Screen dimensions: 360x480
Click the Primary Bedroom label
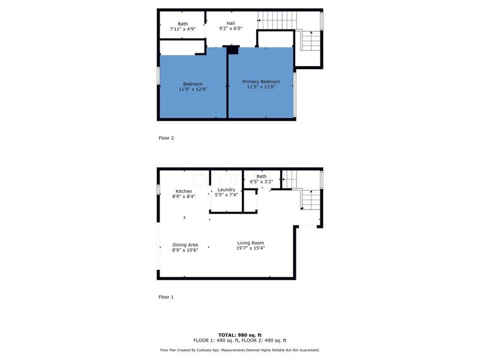tap(261, 81)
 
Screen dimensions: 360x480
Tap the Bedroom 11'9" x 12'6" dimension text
tap(193, 89)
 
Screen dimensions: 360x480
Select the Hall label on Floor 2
tap(230, 23)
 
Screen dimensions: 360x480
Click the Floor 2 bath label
tap(182, 24)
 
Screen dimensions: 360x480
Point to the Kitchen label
tap(184, 191)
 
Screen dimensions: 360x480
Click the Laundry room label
tap(226, 190)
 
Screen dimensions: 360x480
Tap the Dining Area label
tap(185, 245)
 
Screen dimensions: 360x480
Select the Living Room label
tap(250, 243)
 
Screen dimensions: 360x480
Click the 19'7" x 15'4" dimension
tap(250, 248)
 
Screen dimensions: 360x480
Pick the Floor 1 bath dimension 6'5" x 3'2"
tap(262, 181)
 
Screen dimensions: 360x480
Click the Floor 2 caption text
tap(166, 138)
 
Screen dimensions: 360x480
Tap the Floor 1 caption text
tap(166, 297)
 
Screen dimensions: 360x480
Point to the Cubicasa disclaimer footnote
tap(240, 350)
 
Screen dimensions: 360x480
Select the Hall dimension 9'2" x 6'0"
tap(230, 28)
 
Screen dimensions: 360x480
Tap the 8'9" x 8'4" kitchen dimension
tap(184, 196)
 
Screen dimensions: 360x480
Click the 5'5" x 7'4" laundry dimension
tap(226, 194)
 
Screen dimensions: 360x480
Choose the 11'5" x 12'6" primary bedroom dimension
tap(261, 86)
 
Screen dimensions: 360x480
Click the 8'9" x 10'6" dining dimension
tap(185, 250)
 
